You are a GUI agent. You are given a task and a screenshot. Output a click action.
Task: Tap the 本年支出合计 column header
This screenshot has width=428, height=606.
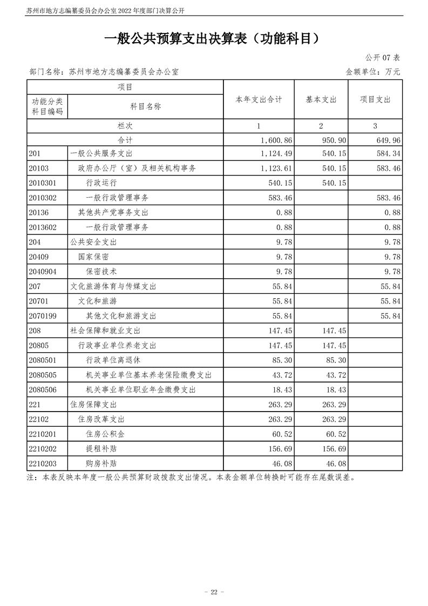point(259,100)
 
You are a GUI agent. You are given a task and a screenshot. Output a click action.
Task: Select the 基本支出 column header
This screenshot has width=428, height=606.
point(321,100)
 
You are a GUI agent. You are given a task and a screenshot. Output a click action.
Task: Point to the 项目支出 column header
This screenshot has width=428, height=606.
point(375,100)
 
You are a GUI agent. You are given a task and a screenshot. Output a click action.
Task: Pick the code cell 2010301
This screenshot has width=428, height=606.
point(43,183)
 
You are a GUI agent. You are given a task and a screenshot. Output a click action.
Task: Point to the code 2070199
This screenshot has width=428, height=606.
point(43,316)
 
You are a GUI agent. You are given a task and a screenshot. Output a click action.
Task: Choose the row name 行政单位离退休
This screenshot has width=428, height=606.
point(113,360)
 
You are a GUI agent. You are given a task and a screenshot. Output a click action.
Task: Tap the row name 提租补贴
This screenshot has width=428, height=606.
point(101,448)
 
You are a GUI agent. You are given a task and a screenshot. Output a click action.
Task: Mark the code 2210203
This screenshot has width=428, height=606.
point(43,463)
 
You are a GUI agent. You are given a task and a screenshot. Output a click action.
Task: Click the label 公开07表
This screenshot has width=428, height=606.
point(382,58)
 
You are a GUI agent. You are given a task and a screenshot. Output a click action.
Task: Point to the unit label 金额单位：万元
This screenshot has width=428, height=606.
point(373,71)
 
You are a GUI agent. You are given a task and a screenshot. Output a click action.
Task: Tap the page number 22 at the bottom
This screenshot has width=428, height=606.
point(214,577)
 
